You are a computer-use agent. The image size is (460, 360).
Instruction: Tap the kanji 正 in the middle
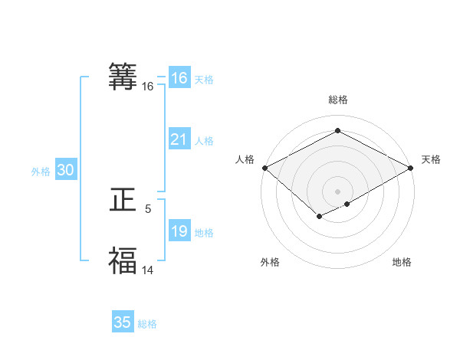click(123, 201)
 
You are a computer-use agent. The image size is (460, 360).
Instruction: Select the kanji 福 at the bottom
click(123, 260)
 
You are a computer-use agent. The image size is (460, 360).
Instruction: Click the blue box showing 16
click(179, 78)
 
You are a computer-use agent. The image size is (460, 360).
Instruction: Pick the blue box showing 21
click(179, 139)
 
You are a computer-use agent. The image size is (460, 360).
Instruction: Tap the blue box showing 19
click(179, 231)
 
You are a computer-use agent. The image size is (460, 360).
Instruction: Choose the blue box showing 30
click(65, 171)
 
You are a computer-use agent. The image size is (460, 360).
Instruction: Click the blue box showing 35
click(123, 322)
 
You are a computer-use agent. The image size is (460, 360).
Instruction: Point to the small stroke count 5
click(148, 208)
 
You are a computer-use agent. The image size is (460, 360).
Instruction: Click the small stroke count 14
click(148, 270)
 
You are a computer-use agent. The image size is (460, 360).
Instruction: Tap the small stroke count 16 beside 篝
click(148, 87)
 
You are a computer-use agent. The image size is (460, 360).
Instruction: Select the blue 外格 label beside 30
click(41, 172)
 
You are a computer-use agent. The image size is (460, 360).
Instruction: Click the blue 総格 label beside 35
click(147, 324)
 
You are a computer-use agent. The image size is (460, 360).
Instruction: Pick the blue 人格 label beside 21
click(204, 141)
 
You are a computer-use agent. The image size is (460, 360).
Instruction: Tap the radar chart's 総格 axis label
click(337, 100)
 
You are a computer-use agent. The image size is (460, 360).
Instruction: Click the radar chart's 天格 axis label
click(431, 159)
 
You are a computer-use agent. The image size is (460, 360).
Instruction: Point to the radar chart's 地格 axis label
click(402, 263)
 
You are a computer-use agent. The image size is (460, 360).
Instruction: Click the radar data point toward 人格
click(264, 168)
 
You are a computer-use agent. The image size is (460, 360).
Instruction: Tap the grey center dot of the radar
click(337, 191)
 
